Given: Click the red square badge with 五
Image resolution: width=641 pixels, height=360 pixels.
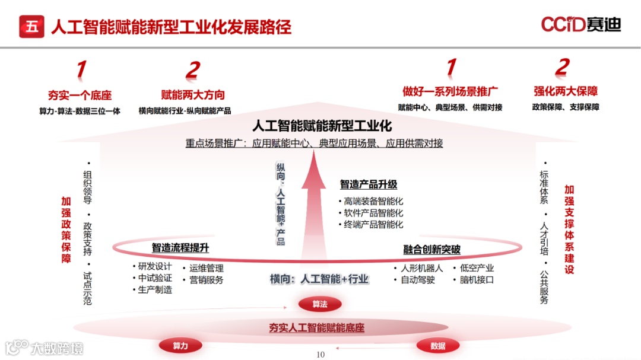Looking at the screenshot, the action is [31, 26].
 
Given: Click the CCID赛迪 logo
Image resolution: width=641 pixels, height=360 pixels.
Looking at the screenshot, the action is [580, 24].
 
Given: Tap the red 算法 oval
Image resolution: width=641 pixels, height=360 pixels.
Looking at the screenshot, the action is [320, 304].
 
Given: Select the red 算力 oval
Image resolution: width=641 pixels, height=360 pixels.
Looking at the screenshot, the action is [180, 346].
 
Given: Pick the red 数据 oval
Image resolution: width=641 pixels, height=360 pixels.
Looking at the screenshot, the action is [438, 346].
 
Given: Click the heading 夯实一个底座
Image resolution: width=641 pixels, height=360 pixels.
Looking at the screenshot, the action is [80, 95].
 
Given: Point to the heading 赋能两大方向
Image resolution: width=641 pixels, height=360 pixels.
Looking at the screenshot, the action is [193, 95].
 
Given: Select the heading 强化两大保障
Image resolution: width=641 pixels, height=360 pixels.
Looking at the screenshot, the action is [565, 91].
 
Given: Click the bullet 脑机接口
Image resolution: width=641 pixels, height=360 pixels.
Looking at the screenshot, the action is [477, 280].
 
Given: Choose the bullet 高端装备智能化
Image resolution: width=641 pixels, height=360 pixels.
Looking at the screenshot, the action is [373, 201].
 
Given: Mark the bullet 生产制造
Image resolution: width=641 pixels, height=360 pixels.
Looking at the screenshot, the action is [155, 290].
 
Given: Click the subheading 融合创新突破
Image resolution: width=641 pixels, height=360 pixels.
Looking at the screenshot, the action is [431, 250].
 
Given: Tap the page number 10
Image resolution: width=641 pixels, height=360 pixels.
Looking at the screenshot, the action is [320, 355].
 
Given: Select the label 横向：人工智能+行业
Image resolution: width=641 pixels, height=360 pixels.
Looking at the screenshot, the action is [319, 279].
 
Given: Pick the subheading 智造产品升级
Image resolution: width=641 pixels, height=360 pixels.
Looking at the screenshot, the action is [368, 184].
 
